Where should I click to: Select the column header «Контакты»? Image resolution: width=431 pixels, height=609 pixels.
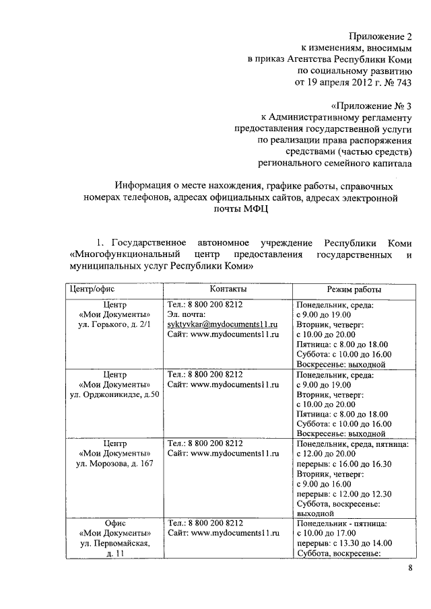coord(228,289)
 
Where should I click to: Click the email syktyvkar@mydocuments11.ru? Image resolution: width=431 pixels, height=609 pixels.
coord(223,324)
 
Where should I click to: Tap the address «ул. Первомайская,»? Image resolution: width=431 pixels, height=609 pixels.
coord(114,543)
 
